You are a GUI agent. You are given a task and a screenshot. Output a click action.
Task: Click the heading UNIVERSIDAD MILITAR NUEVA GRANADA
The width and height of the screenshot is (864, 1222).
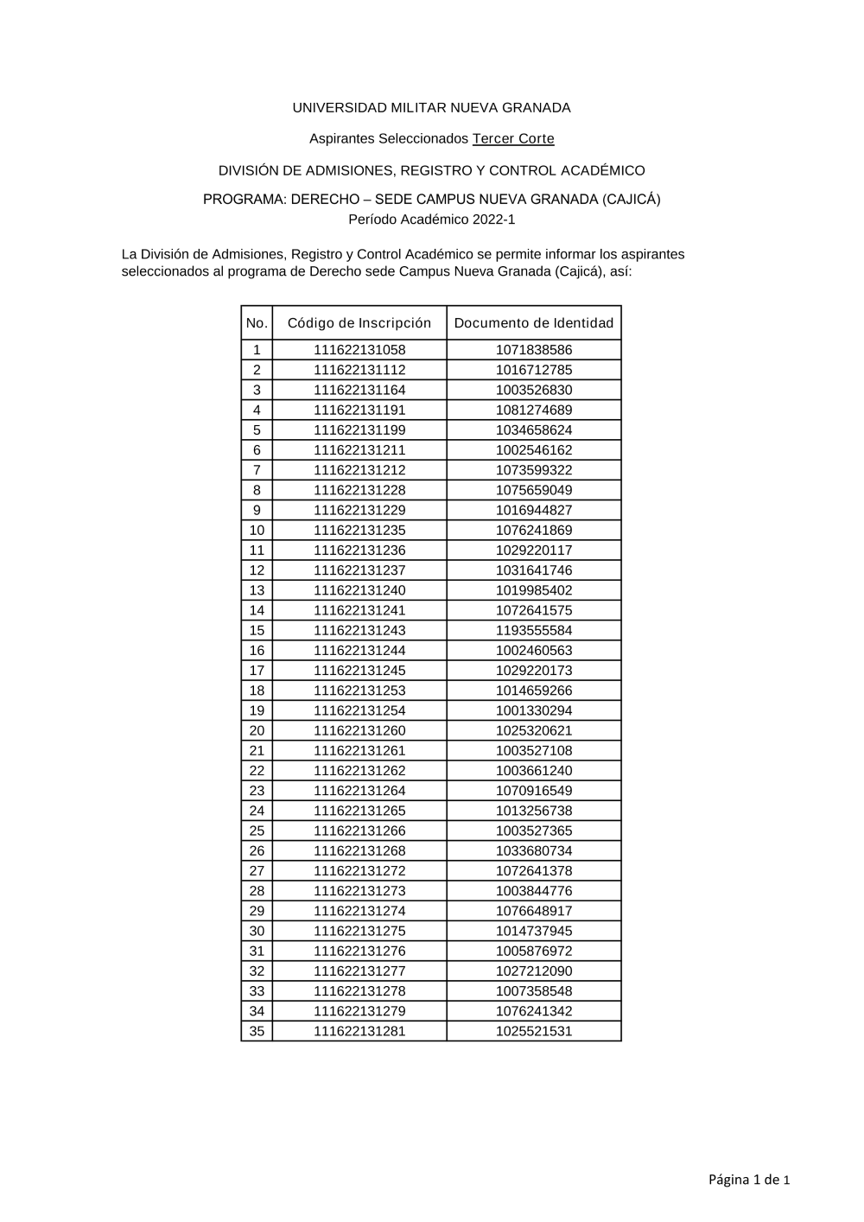click(x=431, y=108)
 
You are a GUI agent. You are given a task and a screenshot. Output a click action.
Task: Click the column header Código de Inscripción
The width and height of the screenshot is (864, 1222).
click(x=359, y=323)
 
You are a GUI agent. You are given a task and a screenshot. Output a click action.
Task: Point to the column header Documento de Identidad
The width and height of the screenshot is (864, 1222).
click(x=534, y=323)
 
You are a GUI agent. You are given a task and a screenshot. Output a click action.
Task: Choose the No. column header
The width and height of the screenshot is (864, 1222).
click(x=257, y=323)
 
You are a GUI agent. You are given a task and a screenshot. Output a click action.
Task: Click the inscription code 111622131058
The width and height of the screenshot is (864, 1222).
click(x=359, y=350)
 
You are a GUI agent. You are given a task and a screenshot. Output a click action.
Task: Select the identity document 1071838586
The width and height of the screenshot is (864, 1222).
click(x=534, y=350)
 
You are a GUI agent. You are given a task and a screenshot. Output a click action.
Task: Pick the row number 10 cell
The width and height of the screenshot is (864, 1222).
click(x=257, y=531)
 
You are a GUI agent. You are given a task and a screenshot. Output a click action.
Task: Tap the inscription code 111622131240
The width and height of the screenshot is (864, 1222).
click(x=359, y=590)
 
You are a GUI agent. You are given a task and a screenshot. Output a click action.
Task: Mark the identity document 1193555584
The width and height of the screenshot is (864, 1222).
click(x=534, y=631)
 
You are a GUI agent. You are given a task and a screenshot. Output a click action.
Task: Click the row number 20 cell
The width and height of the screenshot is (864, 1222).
click(x=257, y=731)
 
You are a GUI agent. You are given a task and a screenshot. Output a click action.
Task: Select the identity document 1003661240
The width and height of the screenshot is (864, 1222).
click(x=534, y=771)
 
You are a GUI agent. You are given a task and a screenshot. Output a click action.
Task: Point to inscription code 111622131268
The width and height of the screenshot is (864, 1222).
click(x=359, y=851)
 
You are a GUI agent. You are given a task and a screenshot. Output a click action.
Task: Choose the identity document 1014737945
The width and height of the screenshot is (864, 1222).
click(x=534, y=931)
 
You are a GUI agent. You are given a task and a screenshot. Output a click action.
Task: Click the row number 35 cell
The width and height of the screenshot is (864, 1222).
click(x=257, y=1031)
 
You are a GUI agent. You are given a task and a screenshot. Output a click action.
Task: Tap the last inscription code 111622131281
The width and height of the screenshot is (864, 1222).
click(x=359, y=1031)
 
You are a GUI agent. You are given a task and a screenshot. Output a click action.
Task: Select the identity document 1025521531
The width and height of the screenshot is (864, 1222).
click(x=534, y=1031)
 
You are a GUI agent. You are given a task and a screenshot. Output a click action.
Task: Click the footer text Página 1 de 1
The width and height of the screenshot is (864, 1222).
click(x=749, y=1180)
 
